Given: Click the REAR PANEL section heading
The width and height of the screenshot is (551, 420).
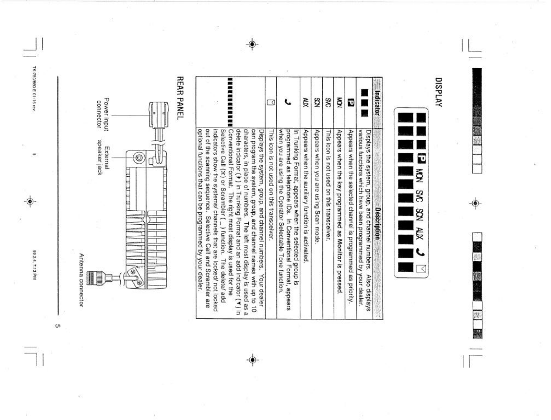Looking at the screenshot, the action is pyautogui.click(x=180, y=98).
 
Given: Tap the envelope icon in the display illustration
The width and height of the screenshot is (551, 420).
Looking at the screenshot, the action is pyautogui.click(x=421, y=269).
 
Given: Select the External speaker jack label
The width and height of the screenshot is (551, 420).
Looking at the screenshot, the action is pyautogui.click(x=103, y=157).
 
